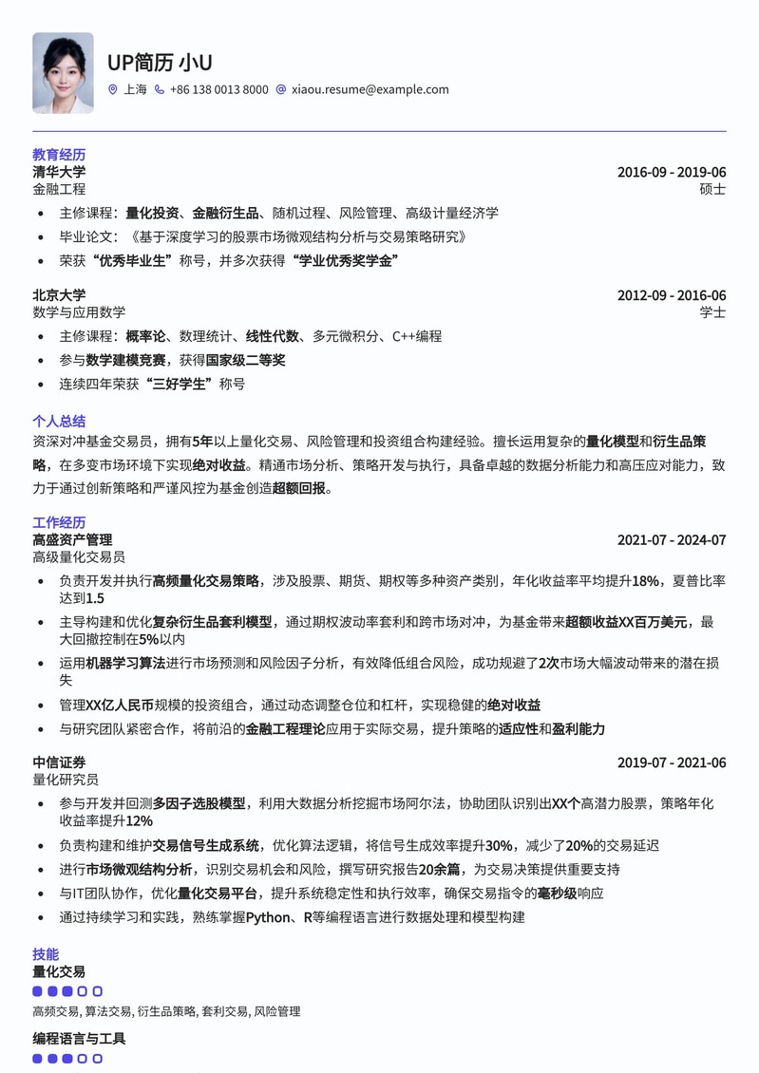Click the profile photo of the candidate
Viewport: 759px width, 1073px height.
pos(63,73)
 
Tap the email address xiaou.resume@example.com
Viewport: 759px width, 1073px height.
pos(370,89)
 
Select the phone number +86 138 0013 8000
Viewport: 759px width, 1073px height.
pos(218,89)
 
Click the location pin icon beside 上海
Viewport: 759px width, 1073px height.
pos(113,89)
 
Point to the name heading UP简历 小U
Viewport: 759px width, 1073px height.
pos(160,63)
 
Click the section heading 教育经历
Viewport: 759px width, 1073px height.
pos(59,154)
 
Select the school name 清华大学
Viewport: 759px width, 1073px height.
pos(59,172)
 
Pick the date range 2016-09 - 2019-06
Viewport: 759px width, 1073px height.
pos(671,172)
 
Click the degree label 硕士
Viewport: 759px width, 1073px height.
pos(712,189)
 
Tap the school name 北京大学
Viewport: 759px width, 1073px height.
pos(59,295)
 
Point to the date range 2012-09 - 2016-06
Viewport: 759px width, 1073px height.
pos(671,295)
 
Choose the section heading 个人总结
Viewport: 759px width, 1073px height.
pos(59,421)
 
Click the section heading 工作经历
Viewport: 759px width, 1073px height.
pos(59,522)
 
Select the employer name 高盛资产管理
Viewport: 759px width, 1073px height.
pos(72,539)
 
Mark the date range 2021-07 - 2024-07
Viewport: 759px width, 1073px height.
pos(671,539)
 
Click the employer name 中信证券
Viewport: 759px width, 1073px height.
pos(59,762)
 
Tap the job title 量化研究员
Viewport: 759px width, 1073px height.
pos(66,780)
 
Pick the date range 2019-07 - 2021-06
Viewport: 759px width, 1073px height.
pos(671,762)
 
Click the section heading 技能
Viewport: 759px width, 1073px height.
pos(46,954)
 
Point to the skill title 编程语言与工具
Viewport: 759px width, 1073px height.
pos(79,1038)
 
